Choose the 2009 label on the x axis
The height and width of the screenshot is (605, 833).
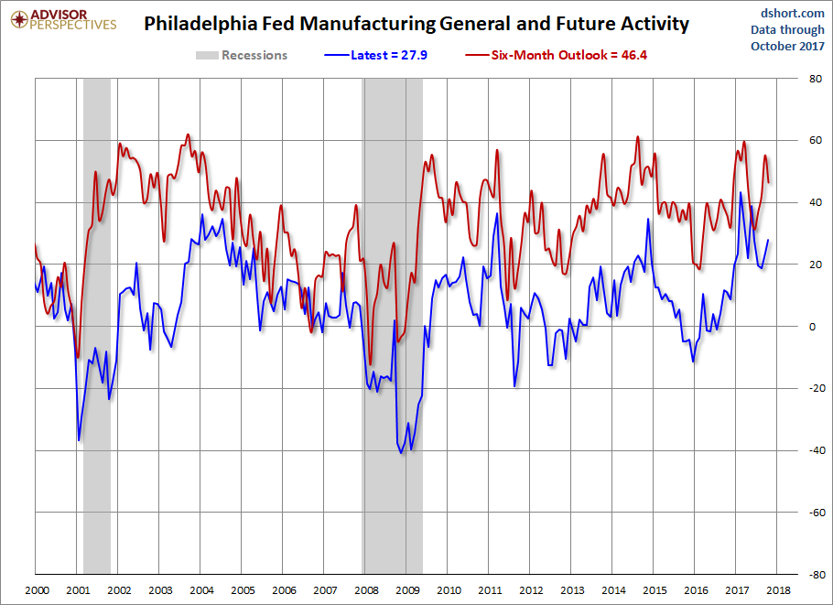click(x=406, y=590)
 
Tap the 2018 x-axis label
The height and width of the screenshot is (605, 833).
click(x=778, y=590)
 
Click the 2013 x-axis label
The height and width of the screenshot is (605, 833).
click(x=572, y=590)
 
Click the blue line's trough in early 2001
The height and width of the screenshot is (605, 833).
click(x=79, y=440)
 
